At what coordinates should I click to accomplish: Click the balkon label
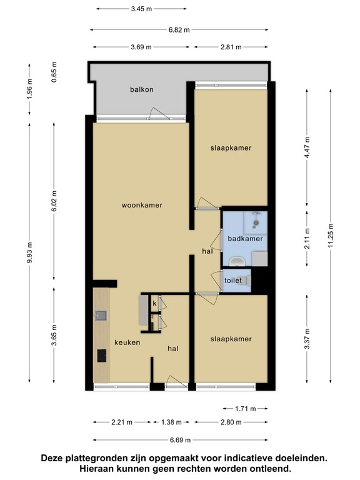point(141,90)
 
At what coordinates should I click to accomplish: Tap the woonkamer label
point(142,205)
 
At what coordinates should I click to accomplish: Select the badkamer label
point(245,239)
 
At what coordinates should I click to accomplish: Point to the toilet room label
point(233,280)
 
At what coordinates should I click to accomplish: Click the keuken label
point(127,342)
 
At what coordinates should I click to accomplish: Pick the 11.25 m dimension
point(331,237)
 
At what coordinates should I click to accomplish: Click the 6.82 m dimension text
point(179,30)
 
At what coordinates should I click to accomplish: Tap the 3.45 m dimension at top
point(141,9)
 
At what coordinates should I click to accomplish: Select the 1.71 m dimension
point(245,409)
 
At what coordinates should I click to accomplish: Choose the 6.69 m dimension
point(180,440)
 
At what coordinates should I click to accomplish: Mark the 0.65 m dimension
point(54,72)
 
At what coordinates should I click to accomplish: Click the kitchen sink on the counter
point(101,316)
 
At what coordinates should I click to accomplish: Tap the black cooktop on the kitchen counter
point(102,356)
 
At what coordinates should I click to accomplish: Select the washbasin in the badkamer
point(237,262)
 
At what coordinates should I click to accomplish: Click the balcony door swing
point(159,114)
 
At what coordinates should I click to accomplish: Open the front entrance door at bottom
point(177,382)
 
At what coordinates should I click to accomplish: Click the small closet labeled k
point(155,303)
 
